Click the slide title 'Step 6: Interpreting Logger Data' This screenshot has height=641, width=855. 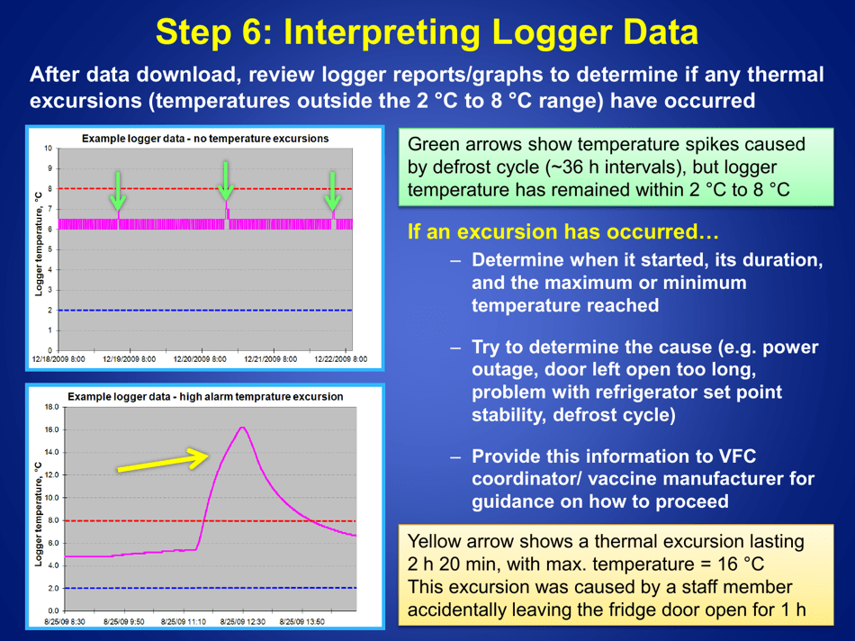[x=427, y=32]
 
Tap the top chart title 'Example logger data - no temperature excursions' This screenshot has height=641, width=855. [x=205, y=139]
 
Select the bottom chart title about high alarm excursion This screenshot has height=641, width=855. [x=205, y=396]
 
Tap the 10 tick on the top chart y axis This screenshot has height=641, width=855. [x=51, y=148]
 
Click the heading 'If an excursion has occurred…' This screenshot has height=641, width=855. [x=563, y=231]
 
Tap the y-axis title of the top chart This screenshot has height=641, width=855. [x=38, y=243]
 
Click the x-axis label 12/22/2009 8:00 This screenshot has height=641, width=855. [x=340, y=358]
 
